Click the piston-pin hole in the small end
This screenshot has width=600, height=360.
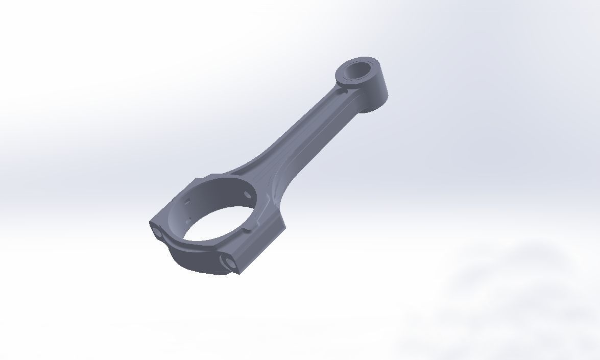[361, 70]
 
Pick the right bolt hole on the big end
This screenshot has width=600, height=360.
[228, 262]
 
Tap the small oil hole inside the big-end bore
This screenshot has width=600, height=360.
[248, 195]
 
